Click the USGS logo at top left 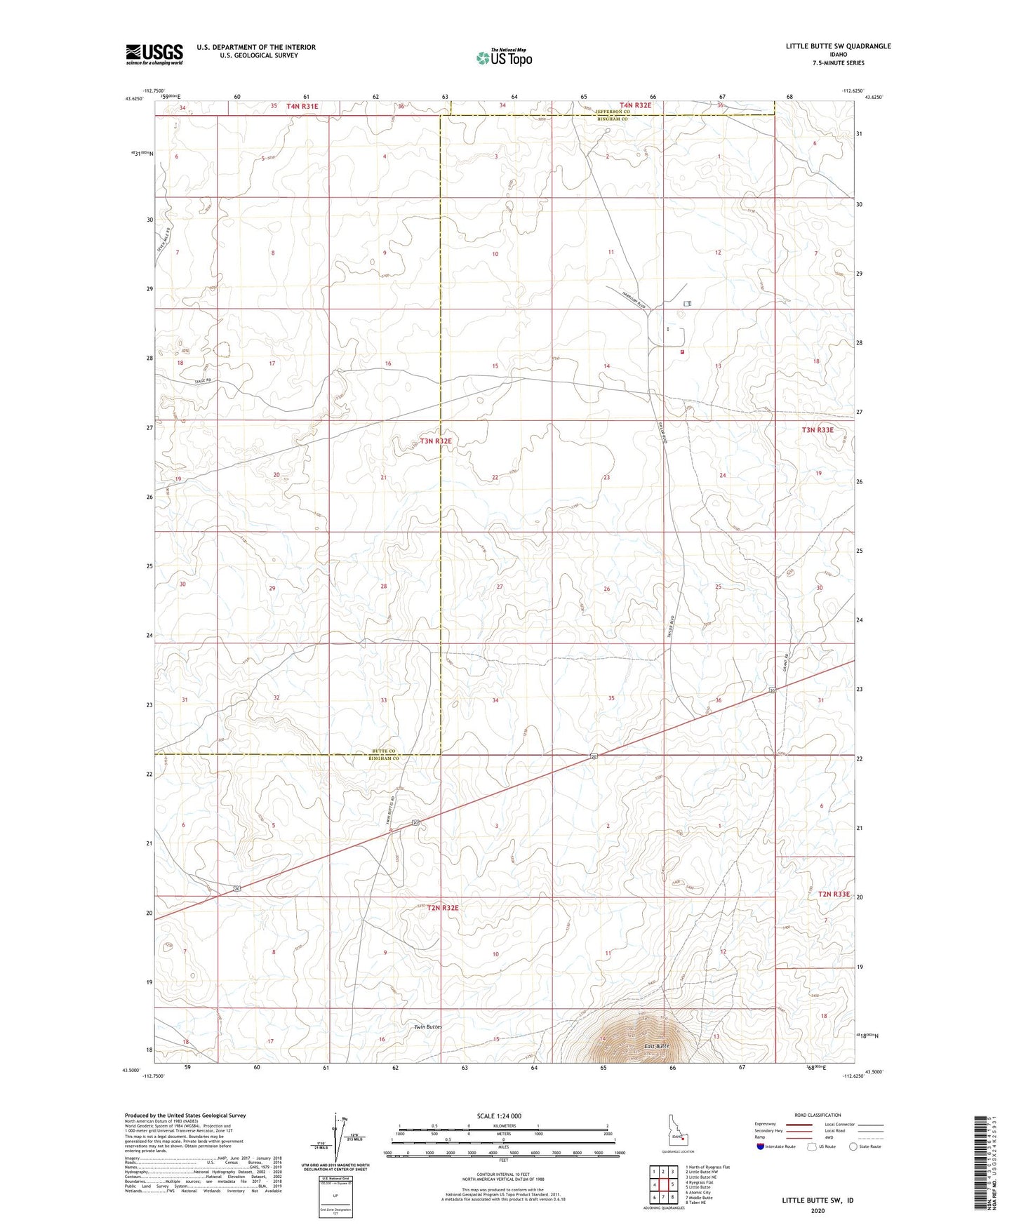[x=154, y=54]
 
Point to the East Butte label [x=657, y=1046]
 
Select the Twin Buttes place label [x=428, y=1026]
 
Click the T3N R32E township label [x=436, y=441]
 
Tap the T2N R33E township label [x=834, y=895]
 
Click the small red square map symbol [x=681, y=352]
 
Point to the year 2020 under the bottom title [x=818, y=1210]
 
